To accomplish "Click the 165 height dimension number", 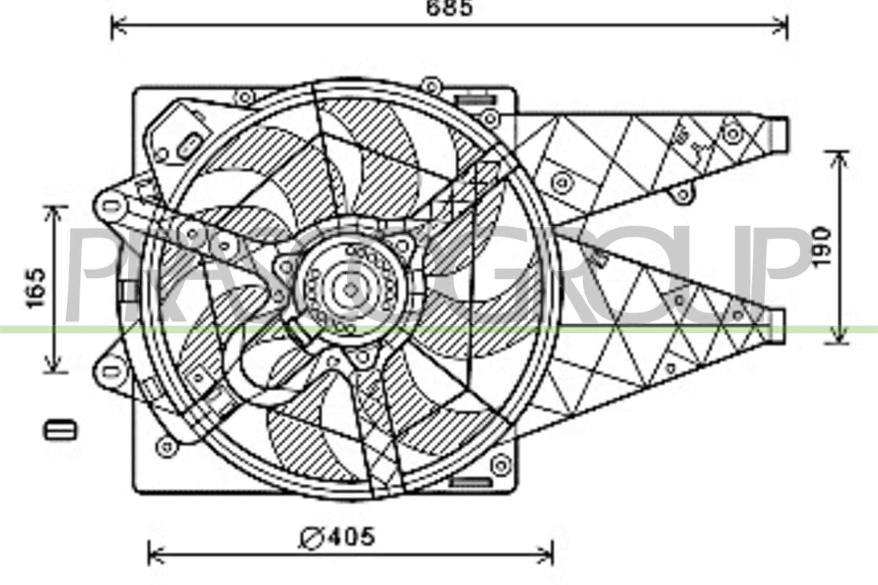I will [x=36, y=288].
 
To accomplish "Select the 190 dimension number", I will [x=822, y=248].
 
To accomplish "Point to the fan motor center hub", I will [x=350, y=290].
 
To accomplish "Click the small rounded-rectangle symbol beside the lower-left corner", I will [x=60, y=431].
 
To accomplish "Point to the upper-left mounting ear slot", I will [x=110, y=205].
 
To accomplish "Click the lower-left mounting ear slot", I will [x=110, y=371].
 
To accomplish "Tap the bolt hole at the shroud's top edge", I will [x=431, y=87].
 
